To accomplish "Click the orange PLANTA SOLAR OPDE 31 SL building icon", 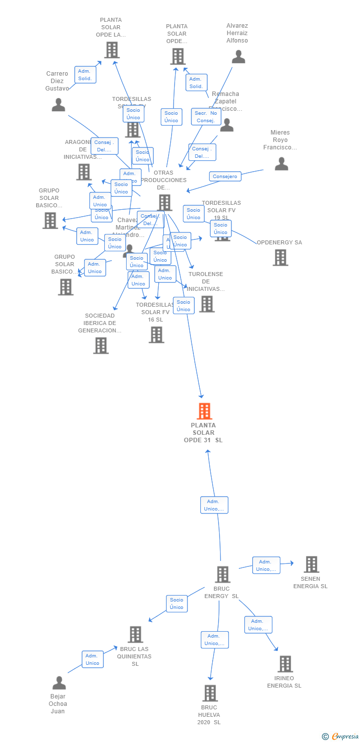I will [204, 411].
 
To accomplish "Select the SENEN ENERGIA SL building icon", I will [311, 564].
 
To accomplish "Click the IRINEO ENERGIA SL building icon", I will [285, 664].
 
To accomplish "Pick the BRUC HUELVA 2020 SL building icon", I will [210, 693].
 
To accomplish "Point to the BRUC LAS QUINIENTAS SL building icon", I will [135, 635].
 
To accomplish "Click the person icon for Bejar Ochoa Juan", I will [59, 683].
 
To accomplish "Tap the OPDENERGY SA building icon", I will [280, 257].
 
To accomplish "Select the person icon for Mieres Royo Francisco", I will [281, 164].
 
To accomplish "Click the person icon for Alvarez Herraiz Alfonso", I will [238, 57].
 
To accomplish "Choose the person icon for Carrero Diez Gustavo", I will [58, 105].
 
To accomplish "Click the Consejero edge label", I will [225, 176].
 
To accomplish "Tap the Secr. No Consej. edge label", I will [206, 117].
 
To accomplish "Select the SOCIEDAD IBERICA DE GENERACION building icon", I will [101, 345].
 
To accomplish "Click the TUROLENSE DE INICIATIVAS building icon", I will [207, 304].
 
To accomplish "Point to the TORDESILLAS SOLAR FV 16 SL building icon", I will [156, 335].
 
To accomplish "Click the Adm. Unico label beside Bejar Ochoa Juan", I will [92, 659].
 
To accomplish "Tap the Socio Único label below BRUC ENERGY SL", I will [177, 603].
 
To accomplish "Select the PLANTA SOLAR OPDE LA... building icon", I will [112, 50].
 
